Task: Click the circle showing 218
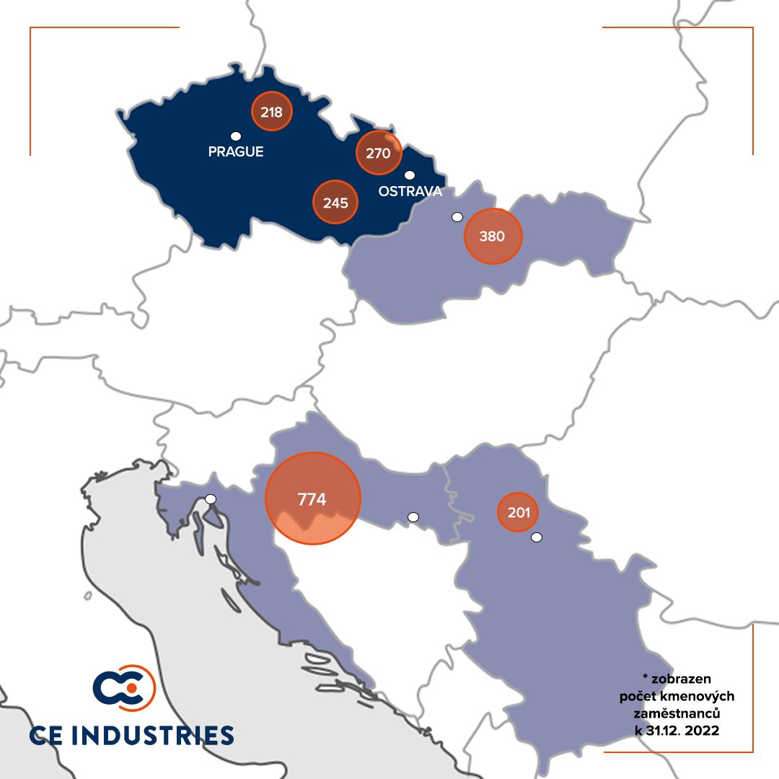click(x=271, y=112)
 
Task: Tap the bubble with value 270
click(x=378, y=153)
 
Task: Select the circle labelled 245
click(x=335, y=202)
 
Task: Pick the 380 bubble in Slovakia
click(x=492, y=236)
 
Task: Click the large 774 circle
click(x=312, y=498)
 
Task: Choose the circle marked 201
click(x=519, y=513)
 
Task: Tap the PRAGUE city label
click(x=236, y=152)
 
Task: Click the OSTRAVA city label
click(x=410, y=192)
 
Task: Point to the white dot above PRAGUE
click(x=235, y=136)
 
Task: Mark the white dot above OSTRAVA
click(x=410, y=175)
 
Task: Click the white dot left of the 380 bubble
click(x=456, y=216)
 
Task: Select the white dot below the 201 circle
click(x=536, y=537)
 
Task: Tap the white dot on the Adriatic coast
click(x=210, y=498)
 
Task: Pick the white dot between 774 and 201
click(x=413, y=516)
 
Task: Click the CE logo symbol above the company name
click(x=123, y=687)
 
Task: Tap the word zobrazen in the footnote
click(x=681, y=679)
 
